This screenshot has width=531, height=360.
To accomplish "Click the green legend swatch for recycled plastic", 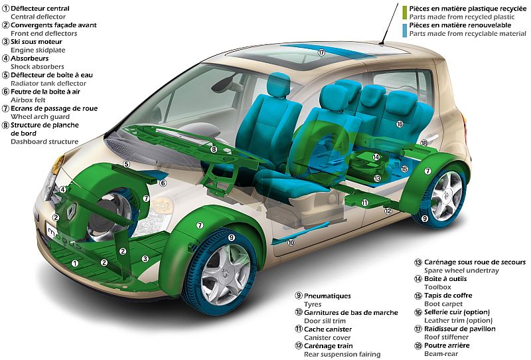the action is click(404, 13).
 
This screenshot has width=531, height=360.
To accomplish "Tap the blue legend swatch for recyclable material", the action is click(404, 30).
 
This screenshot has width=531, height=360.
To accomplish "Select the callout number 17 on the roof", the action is click(321, 52).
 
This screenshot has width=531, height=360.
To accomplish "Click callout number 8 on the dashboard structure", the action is click(213, 149).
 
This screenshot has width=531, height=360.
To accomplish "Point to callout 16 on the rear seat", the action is click(400, 124).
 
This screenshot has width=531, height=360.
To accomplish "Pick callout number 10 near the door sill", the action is click(291, 242).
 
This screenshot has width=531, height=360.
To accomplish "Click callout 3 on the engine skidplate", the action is click(145, 258).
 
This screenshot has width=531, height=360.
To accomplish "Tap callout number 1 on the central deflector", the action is click(75, 263).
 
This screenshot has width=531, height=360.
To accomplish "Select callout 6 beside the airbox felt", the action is click(163, 183).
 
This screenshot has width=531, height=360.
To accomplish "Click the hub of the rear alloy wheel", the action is click(446, 195).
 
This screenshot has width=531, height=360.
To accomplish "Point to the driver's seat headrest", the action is click(278, 84).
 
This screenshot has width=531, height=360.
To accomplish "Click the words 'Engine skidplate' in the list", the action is click(38, 50).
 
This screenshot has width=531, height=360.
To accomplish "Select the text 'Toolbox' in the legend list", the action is click(437, 287).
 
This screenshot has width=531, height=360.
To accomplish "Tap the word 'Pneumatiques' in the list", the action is click(327, 296).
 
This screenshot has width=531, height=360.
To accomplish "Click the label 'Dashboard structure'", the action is click(44, 141).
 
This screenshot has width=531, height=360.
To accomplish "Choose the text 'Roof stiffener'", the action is click(446, 337).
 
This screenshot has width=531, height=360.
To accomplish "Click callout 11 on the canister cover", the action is click(364, 203).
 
